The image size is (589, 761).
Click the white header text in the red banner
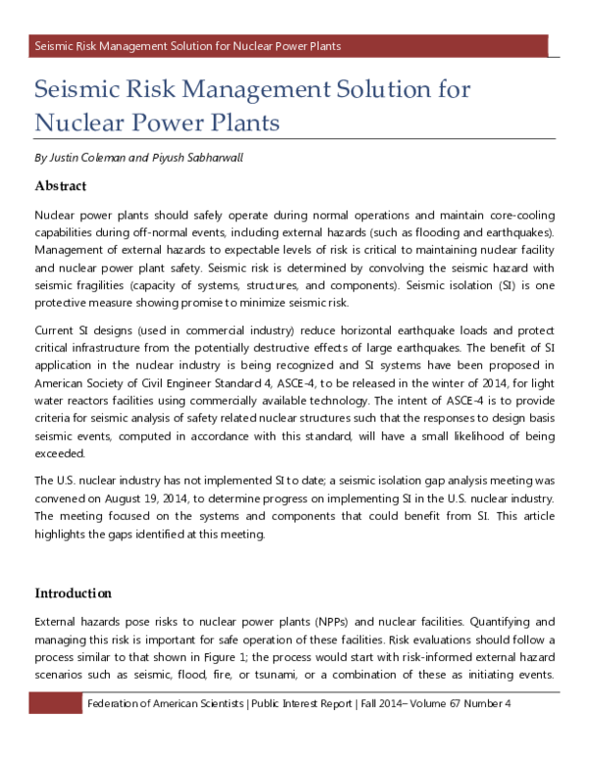point(187,46)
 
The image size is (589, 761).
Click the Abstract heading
point(61,185)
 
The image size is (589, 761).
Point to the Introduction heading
point(74,593)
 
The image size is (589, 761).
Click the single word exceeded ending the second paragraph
point(62,453)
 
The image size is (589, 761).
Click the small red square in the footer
point(56,704)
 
